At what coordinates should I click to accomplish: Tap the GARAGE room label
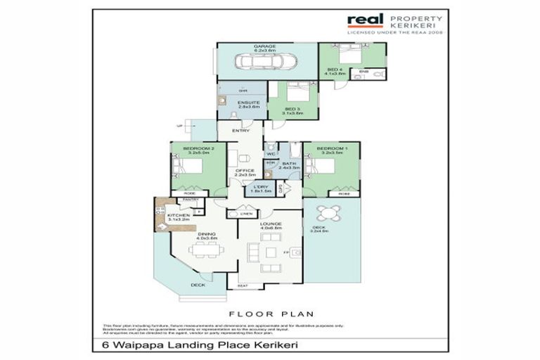[264, 46]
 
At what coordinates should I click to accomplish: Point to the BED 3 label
[293, 109]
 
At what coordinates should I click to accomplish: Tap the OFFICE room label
[244, 170]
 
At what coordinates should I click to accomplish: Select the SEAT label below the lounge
[242, 285]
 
